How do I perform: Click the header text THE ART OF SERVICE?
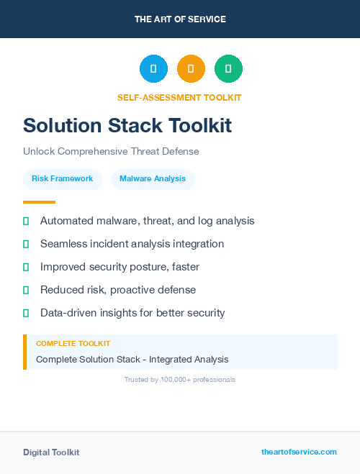pyautogui.click(x=180, y=19)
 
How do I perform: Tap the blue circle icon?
pyautogui.click(x=153, y=68)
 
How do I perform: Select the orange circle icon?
pyautogui.click(x=191, y=68)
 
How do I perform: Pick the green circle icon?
pyautogui.click(x=228, y=68)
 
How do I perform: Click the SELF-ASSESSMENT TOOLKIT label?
pyautogui.click(x=179, y=97)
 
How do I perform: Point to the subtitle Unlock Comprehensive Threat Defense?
pyautogui.click(x=111, y=152)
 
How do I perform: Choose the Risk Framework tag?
pyautogui.click(x=63, y=178)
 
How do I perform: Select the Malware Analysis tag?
pyautogui.click(x=153, y=178)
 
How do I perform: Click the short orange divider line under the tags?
pyautogui.click(x=39, y=202)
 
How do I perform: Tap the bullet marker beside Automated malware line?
pyautogui.click(x=26, y=221)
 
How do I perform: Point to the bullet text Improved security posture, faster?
pyautogui.click(x=120, y=267)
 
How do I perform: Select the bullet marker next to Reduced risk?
pyautogui.click(x=26, y=290)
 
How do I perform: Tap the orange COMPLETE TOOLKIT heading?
pyautogui.click(x=73, y=344)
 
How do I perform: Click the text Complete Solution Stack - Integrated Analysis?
pyautogui.click(x=132, y=359)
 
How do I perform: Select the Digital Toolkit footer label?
pyautogui.click(x=51, y=452)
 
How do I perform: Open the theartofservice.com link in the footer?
pyautogui.click(x=299, y=452)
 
